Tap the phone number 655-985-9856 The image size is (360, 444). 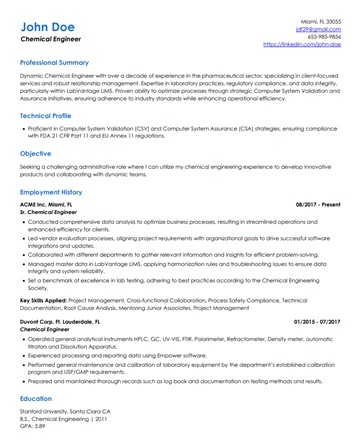click(322, 37)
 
